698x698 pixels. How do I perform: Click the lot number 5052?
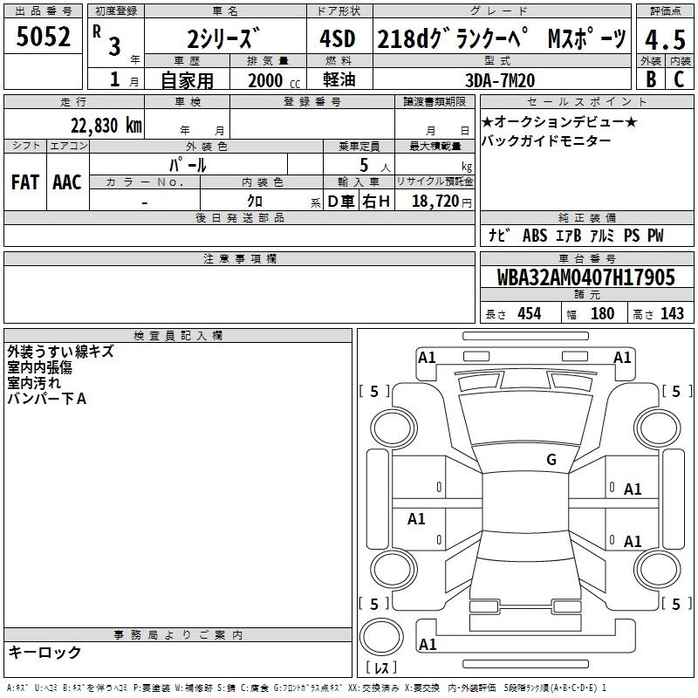coord(43,37)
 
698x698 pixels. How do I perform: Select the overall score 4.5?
coord(665,39)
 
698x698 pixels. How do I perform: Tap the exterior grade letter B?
coord(651,79)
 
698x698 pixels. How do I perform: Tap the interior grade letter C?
coord(679,79)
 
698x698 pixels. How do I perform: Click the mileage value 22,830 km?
coord(106,126)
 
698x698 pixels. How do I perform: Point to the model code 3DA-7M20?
coord(500,80)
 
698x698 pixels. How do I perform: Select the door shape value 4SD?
coord(338,38)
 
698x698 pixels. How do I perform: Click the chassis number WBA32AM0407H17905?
coord(585,277)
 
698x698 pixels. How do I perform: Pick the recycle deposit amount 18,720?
coord(435,202)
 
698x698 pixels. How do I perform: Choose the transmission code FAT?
coord(25,182)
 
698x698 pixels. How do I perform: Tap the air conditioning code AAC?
coord(67,182)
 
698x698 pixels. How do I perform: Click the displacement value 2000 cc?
coord(274,81)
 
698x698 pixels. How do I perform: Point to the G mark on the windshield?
coord(551,459)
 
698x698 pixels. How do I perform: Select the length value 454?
coord(530,313)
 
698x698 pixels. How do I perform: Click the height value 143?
coord(672,313)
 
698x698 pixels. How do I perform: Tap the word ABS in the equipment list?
coord(535,236)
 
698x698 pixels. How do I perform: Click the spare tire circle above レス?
coord(381,636)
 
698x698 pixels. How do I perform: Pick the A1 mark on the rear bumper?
coord(428,644)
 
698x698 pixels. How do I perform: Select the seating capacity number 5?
coord(364,166)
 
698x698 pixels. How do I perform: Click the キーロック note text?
coord(45,652)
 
